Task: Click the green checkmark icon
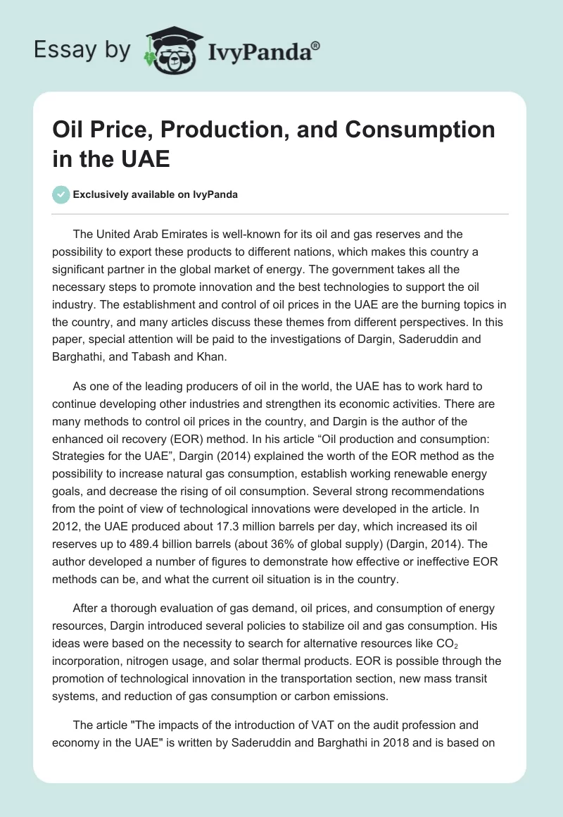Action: (x=61, y=194)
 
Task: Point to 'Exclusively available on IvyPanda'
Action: (x=155, y=194)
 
